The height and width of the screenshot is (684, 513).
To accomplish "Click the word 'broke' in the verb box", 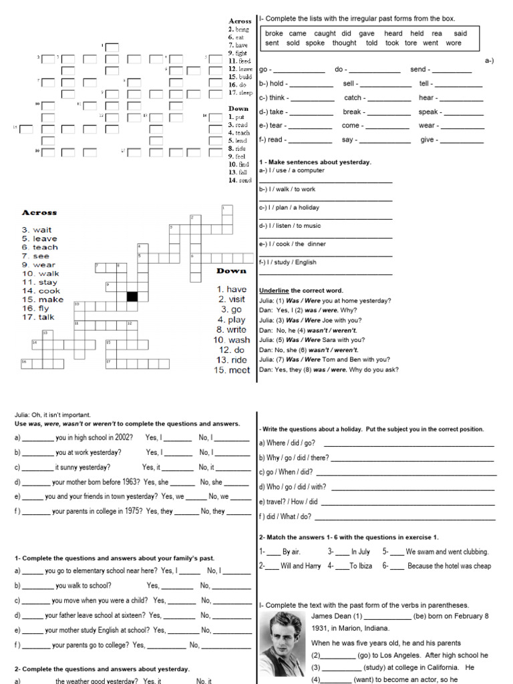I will pyautogui.click(x=274, y=33).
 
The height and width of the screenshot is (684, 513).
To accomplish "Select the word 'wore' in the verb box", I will pyautogui.click(x=454, y=43).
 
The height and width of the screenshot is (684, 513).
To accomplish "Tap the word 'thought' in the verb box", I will pyautogui.click(x=345, y=43).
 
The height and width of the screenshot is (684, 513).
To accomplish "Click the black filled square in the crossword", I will pyautogui.click(x=132, y=296).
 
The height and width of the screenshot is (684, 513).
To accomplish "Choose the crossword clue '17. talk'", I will pyautogui.click(x=38, y=317).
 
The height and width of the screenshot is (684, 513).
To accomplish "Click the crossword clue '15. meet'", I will pyautogui.click(x=232, y=370).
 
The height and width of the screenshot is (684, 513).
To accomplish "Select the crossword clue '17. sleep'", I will pyautogui.click(x=240, y=93).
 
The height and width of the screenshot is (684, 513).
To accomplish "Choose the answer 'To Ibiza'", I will pyautogui.click(x=363, y=566).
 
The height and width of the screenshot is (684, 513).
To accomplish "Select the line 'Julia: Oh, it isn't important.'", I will pyautogui.click(x=52, y=415).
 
